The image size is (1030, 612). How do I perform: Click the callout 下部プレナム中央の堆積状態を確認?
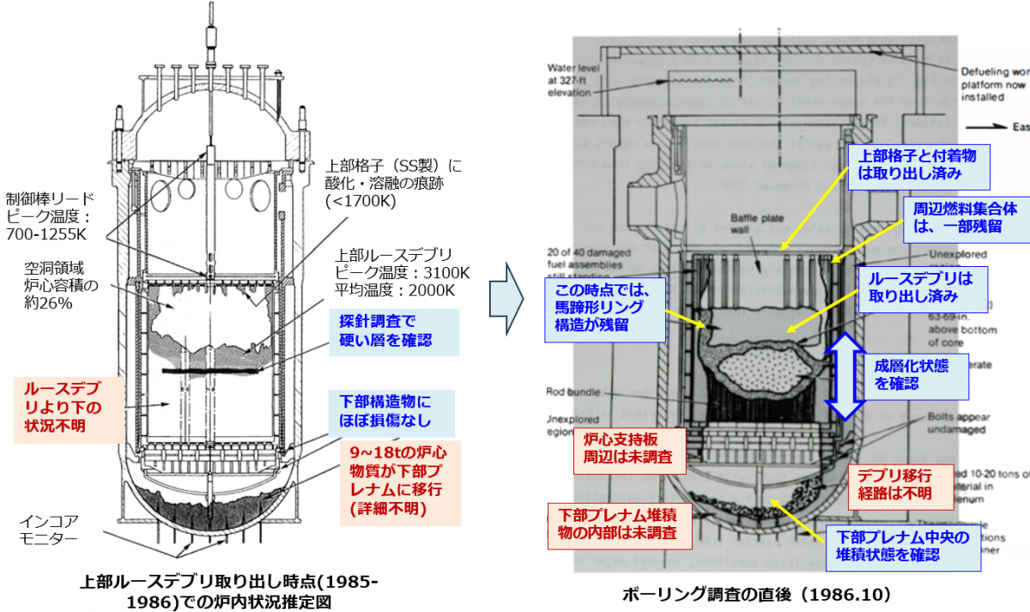coord(902,547)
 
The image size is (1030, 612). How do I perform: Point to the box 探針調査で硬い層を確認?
coord(392,330)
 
